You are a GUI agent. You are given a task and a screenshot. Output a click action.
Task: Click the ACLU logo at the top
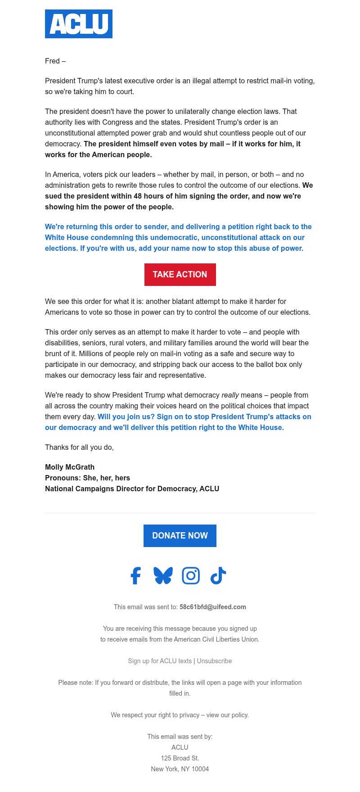coord(79,24)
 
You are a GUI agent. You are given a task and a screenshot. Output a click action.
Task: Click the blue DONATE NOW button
coord(180,536)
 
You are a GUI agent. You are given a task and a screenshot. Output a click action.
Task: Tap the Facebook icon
coord(135,575)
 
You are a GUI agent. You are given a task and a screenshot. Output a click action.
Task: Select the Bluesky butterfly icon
coord(163,575)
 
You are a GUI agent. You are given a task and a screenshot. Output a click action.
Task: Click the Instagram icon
coord(191,575)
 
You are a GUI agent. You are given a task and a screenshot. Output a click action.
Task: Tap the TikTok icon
coord(218,575)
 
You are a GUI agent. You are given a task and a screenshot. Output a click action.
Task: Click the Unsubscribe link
coord(214,661)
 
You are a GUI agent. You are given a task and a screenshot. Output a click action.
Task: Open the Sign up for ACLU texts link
coord(160,661)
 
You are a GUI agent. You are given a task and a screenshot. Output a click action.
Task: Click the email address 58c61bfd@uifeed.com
coord(212,607)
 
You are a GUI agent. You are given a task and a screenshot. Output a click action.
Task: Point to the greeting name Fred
coord(52,61)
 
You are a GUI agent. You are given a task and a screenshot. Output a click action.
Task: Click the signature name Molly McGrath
coord(70,467)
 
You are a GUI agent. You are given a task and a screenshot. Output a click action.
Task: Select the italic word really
coord(230,395)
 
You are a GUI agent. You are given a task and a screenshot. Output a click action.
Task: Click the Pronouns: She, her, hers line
coord(87,478)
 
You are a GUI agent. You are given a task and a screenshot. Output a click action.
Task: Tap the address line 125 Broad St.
coord(180,758)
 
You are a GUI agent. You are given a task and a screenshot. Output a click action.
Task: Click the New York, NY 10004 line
coord(180,769)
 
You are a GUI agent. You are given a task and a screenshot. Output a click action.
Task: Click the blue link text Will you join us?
coord(126,416)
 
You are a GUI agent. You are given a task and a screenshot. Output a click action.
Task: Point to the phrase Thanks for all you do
coord(79,447)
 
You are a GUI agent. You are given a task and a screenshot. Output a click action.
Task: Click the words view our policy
coord(227,715)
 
